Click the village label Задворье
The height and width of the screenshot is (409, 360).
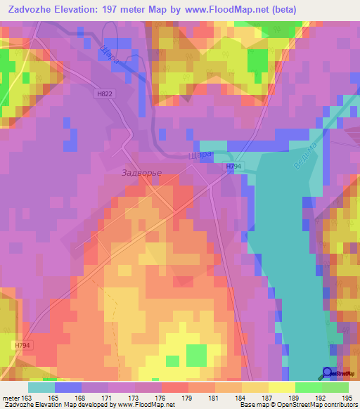pos(142,173)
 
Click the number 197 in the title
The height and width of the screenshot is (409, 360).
pos(115,9)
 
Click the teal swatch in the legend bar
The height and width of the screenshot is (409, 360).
pos(41,387)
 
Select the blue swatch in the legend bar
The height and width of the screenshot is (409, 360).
pos(68,387)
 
